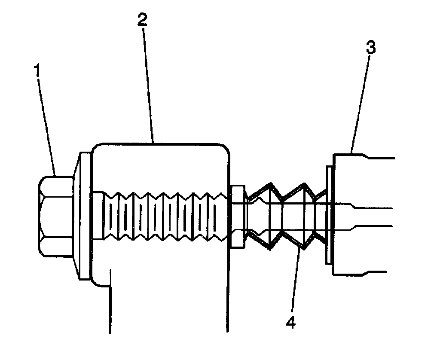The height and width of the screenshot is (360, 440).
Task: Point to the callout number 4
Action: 291,322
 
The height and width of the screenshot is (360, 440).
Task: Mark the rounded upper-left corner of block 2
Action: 98,148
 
